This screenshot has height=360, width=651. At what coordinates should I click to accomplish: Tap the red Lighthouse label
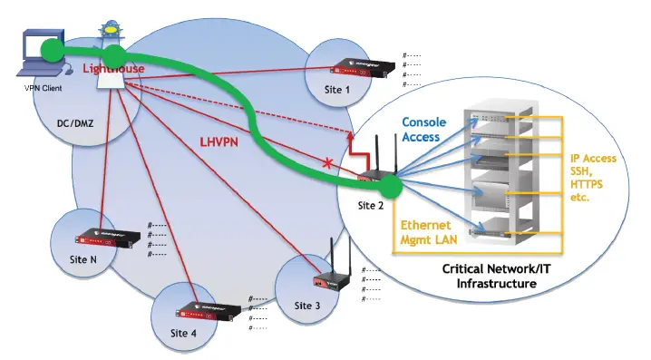click(113, 68)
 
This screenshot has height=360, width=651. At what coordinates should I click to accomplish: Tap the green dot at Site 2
click(391, 187)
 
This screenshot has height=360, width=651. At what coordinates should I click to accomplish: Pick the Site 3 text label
click(307, 305)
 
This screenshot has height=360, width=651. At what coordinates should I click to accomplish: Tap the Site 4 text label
click(184, 332)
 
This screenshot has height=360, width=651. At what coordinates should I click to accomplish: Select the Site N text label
click(83, 260)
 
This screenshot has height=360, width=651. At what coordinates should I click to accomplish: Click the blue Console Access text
click(421, 130)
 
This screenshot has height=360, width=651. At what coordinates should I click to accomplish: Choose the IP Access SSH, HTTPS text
click(593, 177)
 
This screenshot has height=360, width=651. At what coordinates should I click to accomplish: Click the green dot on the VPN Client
click(52, 47)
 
